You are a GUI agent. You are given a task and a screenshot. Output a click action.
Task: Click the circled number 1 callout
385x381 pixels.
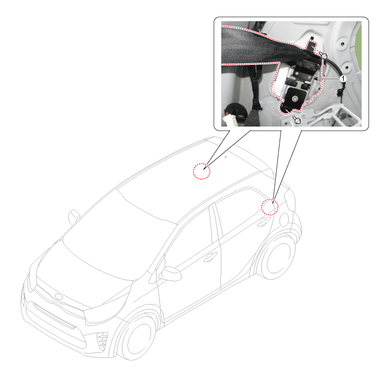click(343, 79)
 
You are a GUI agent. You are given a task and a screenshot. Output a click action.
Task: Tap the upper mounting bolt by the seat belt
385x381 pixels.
click(324, 57)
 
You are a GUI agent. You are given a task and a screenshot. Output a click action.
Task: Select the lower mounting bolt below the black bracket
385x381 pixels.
click(297, 121)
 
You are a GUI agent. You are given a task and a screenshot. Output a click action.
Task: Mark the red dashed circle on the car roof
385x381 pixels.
click(202, 171)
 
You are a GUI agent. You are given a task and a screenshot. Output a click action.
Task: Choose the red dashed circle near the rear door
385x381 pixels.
click(270, 207)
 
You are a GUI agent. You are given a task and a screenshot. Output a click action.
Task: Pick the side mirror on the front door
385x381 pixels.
click(171, 273)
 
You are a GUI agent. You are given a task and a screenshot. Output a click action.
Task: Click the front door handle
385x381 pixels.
click(210, 257)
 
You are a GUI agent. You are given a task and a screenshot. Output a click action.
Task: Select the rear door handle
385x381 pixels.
click(264, 222)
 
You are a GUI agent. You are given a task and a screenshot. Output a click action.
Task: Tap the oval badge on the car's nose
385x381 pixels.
click(58, 297)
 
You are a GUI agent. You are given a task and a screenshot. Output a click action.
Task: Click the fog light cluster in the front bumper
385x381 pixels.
click(102, 340)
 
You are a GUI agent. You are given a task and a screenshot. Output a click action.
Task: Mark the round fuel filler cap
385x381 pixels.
click(284, 219)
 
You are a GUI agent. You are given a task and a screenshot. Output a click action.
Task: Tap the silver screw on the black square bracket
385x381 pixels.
click(294, 98)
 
